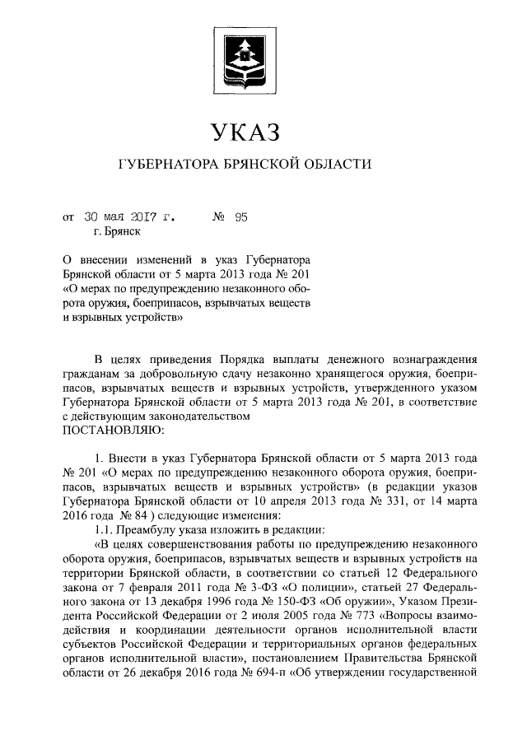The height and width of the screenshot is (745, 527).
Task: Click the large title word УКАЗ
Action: tap(245, 133)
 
